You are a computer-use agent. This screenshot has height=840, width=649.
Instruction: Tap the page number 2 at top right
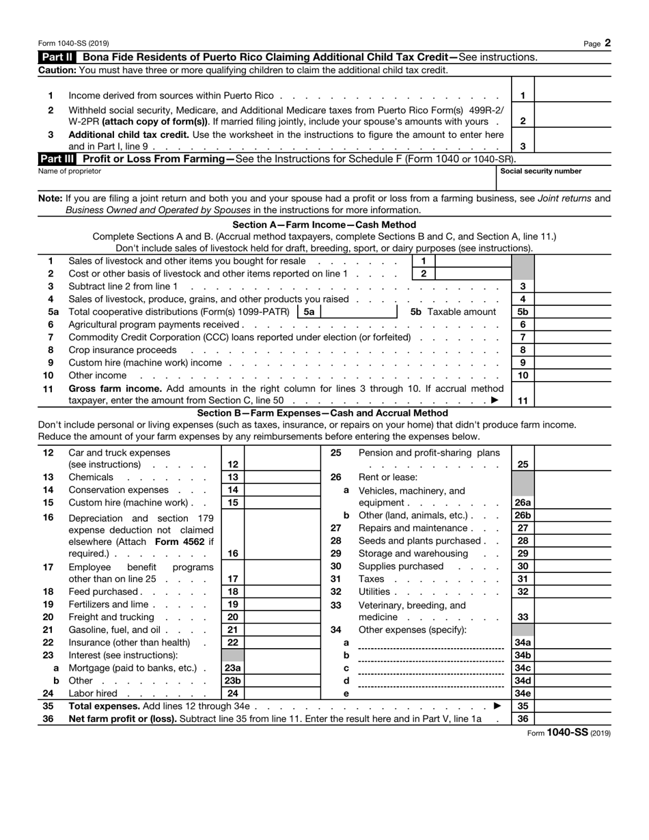coord(607,43)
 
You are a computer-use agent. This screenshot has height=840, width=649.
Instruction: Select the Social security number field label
coord(541,171)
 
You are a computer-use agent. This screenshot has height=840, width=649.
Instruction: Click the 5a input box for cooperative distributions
coord(358,312)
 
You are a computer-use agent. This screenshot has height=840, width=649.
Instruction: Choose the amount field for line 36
coord(572,719)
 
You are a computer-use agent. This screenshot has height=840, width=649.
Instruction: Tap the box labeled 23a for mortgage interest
coord(233,669)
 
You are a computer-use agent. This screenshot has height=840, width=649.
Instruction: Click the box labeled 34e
coord(523,694)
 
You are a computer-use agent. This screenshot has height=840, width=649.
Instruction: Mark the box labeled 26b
coord(523,516)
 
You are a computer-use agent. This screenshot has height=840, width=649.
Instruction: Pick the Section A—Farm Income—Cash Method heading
coord(324,225)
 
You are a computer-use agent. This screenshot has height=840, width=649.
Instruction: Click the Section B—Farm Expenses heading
coord(322,413)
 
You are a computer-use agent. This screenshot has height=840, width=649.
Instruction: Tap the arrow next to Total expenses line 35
coord(497,706)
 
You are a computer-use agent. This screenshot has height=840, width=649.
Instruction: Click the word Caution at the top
coord(57,70)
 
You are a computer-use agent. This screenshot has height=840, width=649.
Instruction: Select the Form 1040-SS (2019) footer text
coord(569,733)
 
